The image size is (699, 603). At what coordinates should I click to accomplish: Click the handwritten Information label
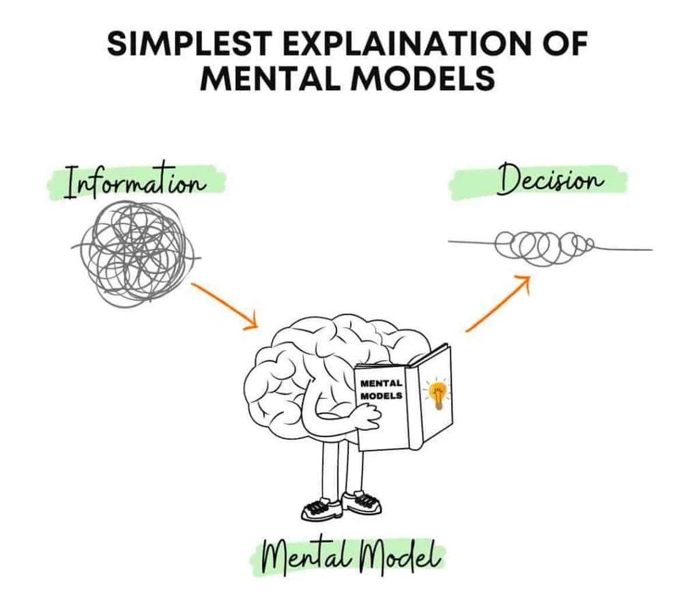point(136,181)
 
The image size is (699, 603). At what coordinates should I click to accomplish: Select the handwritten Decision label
point(549,181)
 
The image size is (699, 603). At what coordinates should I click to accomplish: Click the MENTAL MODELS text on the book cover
point(382,390)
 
